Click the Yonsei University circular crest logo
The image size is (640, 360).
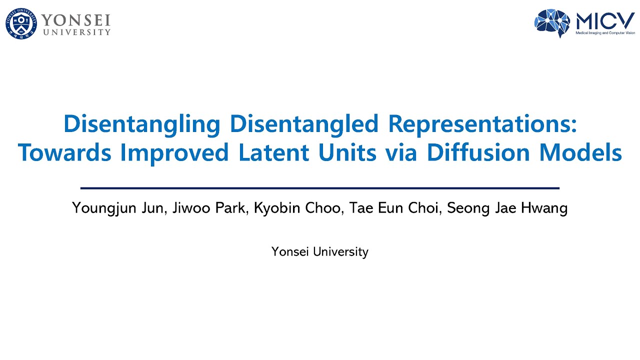click(21, 24)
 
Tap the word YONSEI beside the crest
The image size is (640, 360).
click(75, 20)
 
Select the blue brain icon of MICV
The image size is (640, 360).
click(552, 22)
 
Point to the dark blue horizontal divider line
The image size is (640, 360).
click(320, 188)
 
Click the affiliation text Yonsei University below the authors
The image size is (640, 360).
click(320, 251)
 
